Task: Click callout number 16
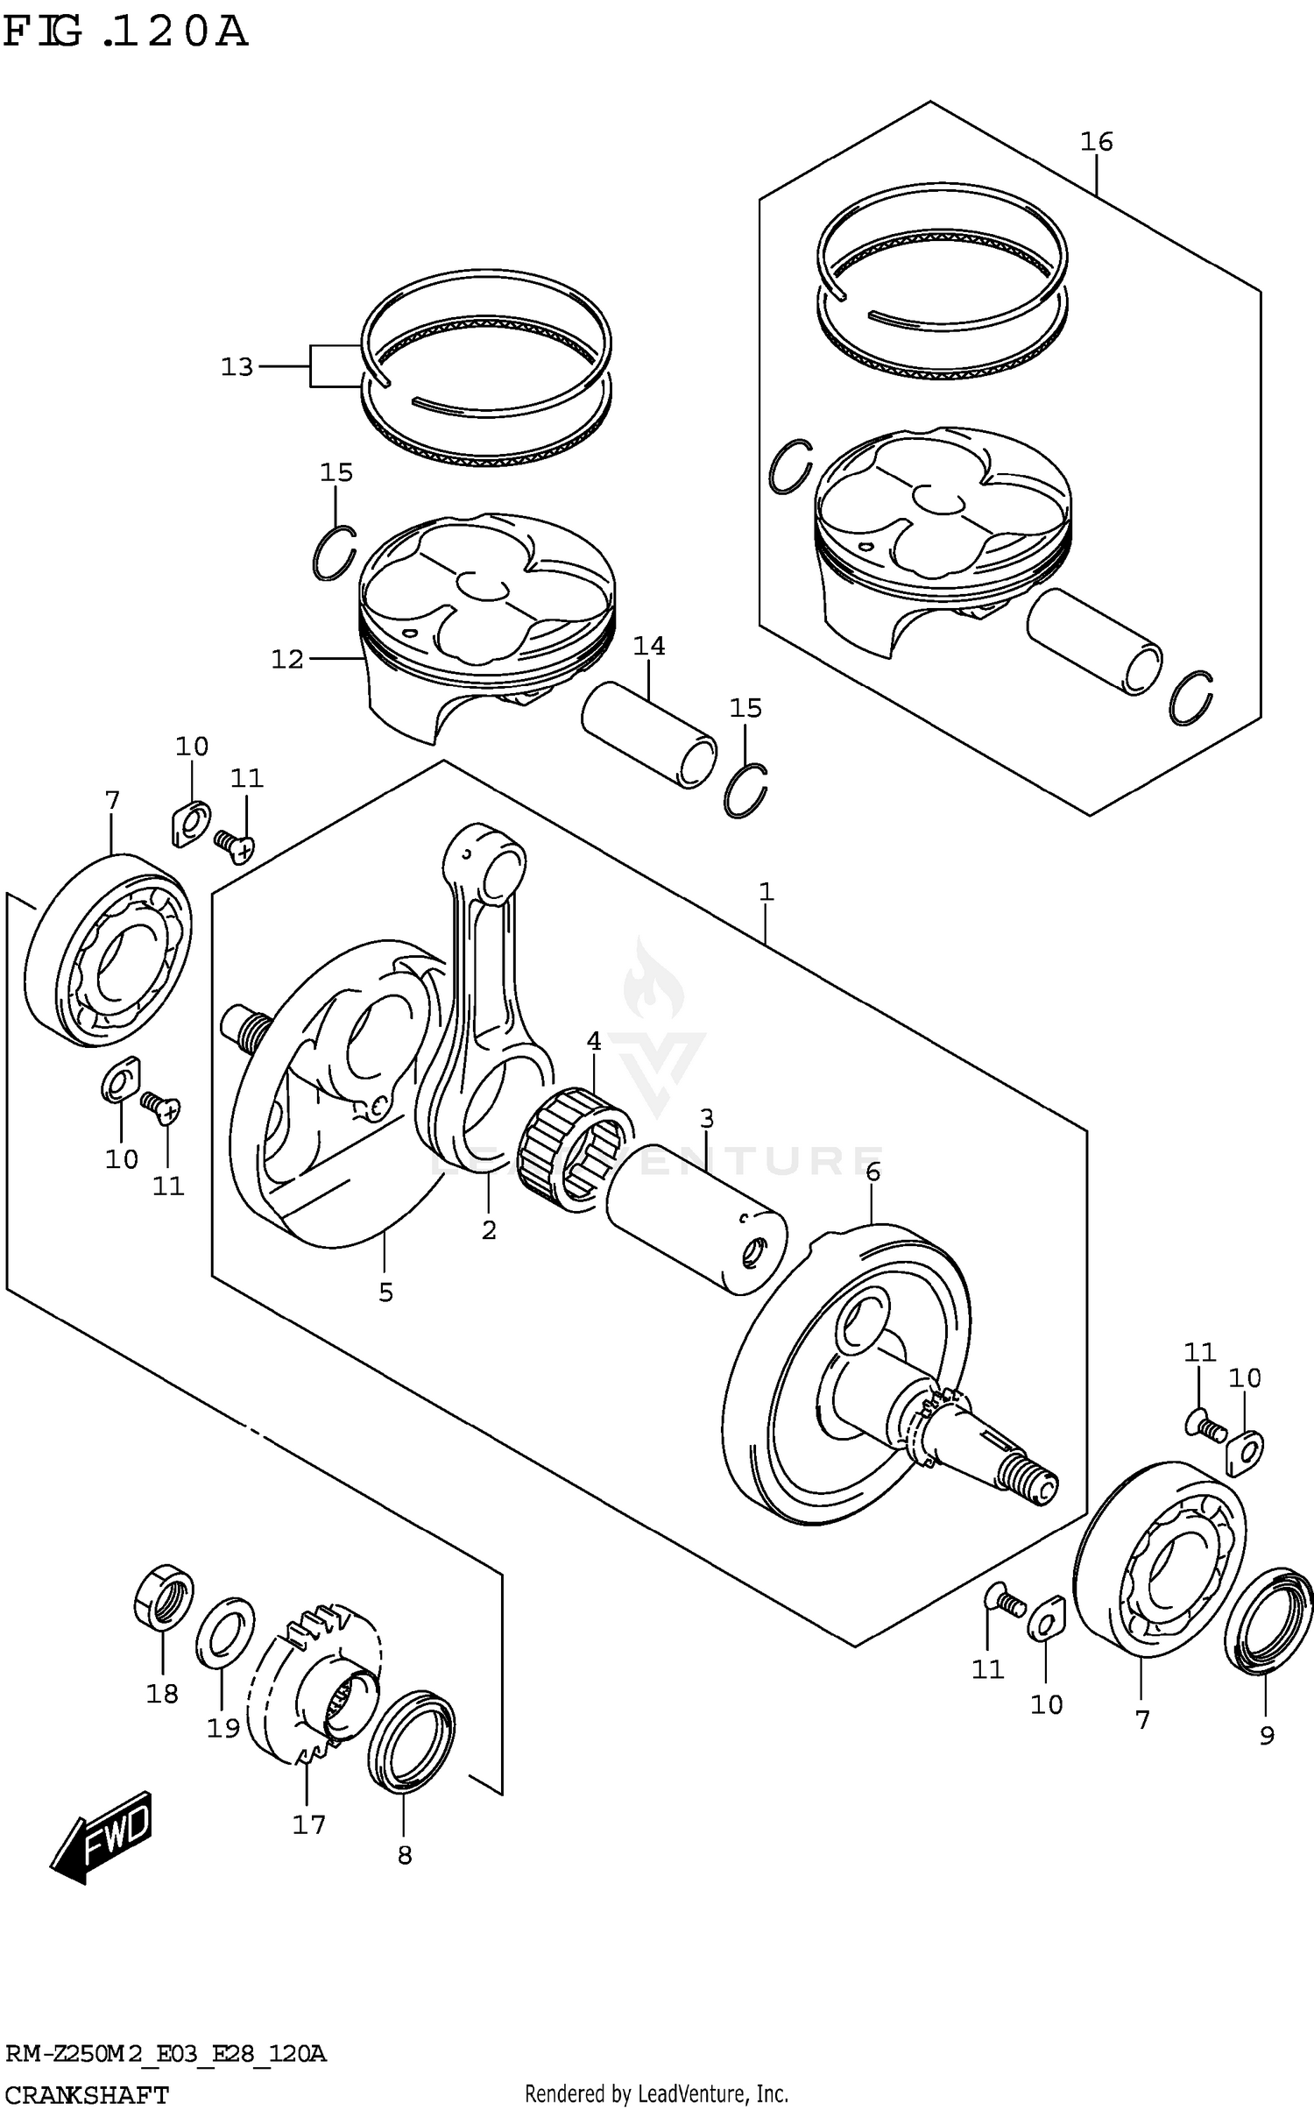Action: coord(1096,141)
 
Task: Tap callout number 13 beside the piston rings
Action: coord(237,366)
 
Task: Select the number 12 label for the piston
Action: coord(287,658)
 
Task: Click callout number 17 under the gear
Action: coord(308,1824)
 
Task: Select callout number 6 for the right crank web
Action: coord(872,1172)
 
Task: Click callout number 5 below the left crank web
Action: coord(385,1292)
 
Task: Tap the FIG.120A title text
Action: coord(125,32)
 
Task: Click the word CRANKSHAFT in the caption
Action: coord(86,2095)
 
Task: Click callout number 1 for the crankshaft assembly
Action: coord(766,892)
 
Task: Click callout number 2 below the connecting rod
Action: coord(489,1230)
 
